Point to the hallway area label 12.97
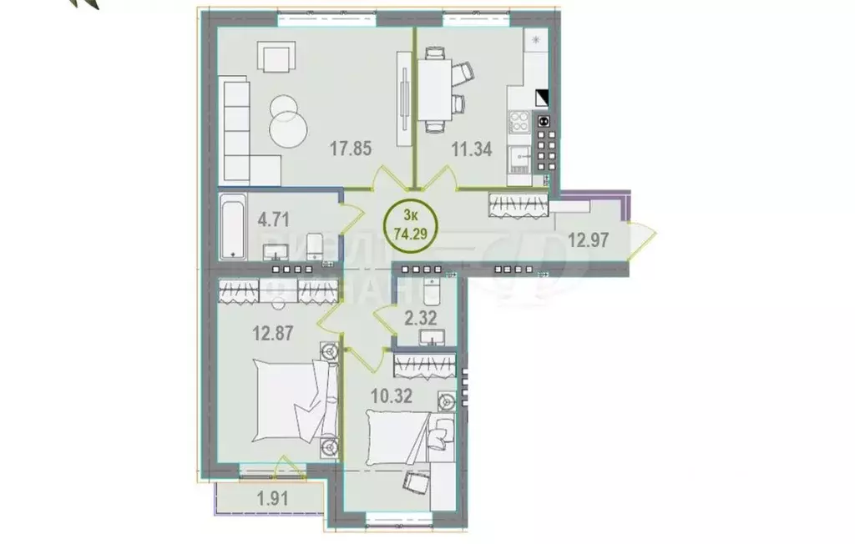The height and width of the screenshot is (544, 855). click(588, 239)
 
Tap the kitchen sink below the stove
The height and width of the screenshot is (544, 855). click(521, 156)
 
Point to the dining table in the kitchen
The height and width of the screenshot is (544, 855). click(433, 89)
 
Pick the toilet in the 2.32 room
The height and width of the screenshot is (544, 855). click(433, 293)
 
